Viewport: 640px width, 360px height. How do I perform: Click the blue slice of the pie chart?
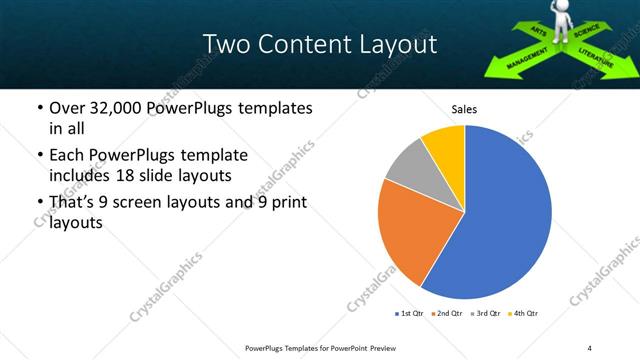click(x=505, y=215)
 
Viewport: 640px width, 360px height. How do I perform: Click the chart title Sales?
click(x=464, y=109)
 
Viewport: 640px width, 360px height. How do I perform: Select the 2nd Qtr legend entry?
click(x=446, y=314)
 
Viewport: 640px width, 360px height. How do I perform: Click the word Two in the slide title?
click(x=225, y=45)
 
